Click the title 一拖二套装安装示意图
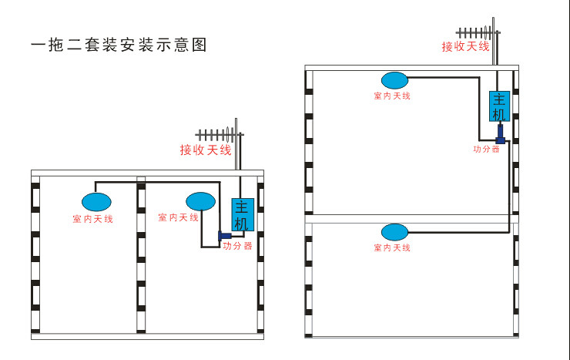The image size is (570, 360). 119,45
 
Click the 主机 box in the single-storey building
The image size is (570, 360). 243,214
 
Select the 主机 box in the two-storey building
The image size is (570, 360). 499,106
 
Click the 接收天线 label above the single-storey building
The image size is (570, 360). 206,150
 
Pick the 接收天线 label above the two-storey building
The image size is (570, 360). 466,46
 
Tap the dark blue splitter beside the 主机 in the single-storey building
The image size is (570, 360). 225,236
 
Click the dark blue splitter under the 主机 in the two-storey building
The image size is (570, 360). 500,134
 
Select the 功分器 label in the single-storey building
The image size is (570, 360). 237,246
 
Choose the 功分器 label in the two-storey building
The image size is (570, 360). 486,149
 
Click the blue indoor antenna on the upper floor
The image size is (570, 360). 395,80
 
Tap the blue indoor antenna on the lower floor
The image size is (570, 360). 395,232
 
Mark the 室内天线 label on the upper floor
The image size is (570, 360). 392,96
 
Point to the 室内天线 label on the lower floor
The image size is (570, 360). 392,247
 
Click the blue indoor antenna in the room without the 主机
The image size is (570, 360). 96,202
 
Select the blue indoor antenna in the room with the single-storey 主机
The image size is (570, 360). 201,201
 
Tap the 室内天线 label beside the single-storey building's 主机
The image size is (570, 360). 178,217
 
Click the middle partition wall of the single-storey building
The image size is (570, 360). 141,254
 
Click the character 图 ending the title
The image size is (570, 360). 199,45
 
